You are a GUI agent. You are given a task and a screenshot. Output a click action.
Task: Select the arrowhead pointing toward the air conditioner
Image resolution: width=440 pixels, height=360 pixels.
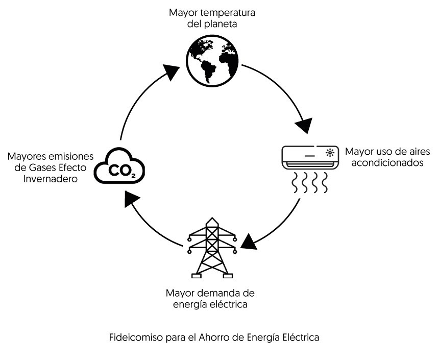tap(304, 125)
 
